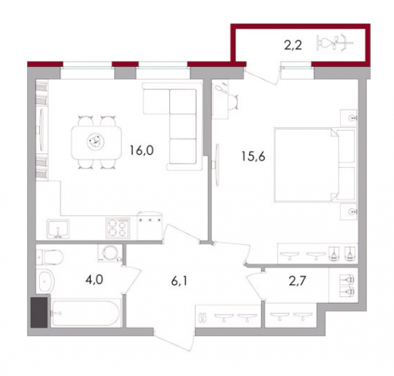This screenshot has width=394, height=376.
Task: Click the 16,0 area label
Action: click(141, 150)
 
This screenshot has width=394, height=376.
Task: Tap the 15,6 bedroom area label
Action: click(253, 156)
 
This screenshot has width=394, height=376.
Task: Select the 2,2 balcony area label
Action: click(292, 46)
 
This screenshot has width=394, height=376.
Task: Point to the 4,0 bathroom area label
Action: click(94, 280)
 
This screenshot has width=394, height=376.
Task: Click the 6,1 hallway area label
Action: click(179, 281)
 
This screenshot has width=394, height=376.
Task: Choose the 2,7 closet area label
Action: click(297, 281)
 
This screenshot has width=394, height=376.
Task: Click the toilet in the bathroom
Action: click(50, 257)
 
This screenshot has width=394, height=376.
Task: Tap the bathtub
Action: click(86, 313)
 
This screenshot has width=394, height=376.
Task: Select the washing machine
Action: click(110, 253)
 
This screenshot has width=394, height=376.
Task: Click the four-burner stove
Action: click(118, 228)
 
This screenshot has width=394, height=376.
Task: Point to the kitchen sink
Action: click(58, 229)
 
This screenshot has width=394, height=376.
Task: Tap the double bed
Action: click(315, 165)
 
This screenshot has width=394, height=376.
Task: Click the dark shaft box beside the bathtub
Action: click(39, 312)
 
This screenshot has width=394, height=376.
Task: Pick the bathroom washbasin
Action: click(45, 282)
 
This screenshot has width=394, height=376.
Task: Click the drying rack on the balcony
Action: click(335, 42)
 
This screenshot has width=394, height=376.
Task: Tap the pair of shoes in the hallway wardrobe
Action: click(203, 317)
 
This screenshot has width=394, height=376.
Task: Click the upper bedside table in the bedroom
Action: click(349, 117)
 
